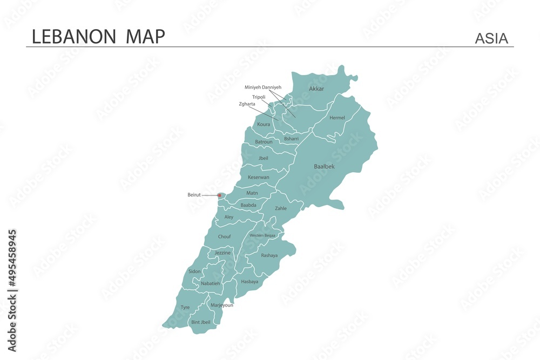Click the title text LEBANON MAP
98,36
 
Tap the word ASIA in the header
491,38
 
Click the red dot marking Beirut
219,195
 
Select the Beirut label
194,195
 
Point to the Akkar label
316,89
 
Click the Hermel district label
337,118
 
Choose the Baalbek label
324,167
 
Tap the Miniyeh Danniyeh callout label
262,87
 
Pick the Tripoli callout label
258,97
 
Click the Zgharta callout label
247,104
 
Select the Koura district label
264,125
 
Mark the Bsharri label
291,139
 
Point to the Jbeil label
263,158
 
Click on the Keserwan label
258,177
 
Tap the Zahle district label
281,208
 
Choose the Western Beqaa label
262,236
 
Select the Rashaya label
269,255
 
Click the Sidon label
194,271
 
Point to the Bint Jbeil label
201,322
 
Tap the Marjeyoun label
222,305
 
